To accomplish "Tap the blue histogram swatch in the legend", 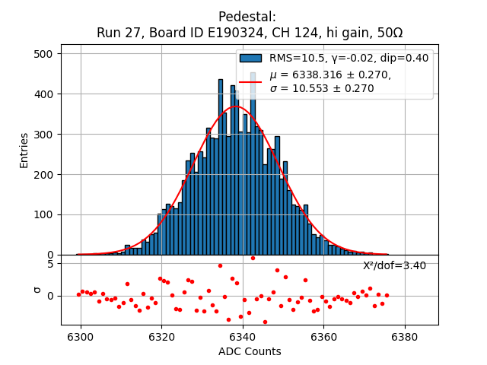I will point(250,58).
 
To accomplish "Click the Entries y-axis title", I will point(24,150).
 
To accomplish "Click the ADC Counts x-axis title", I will point(250,351).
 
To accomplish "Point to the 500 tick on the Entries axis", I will point(43,54).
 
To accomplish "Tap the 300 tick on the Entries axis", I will point(43,135).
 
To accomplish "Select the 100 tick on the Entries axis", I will point(43,214).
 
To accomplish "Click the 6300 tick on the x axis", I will point(81,335).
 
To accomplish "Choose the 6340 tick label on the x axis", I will point(243,335).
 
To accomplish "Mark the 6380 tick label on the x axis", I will point(404,335).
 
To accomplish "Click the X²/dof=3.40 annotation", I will point(394,266).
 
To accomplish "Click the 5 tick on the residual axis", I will point(49,264).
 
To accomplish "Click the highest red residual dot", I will point(253,258).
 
